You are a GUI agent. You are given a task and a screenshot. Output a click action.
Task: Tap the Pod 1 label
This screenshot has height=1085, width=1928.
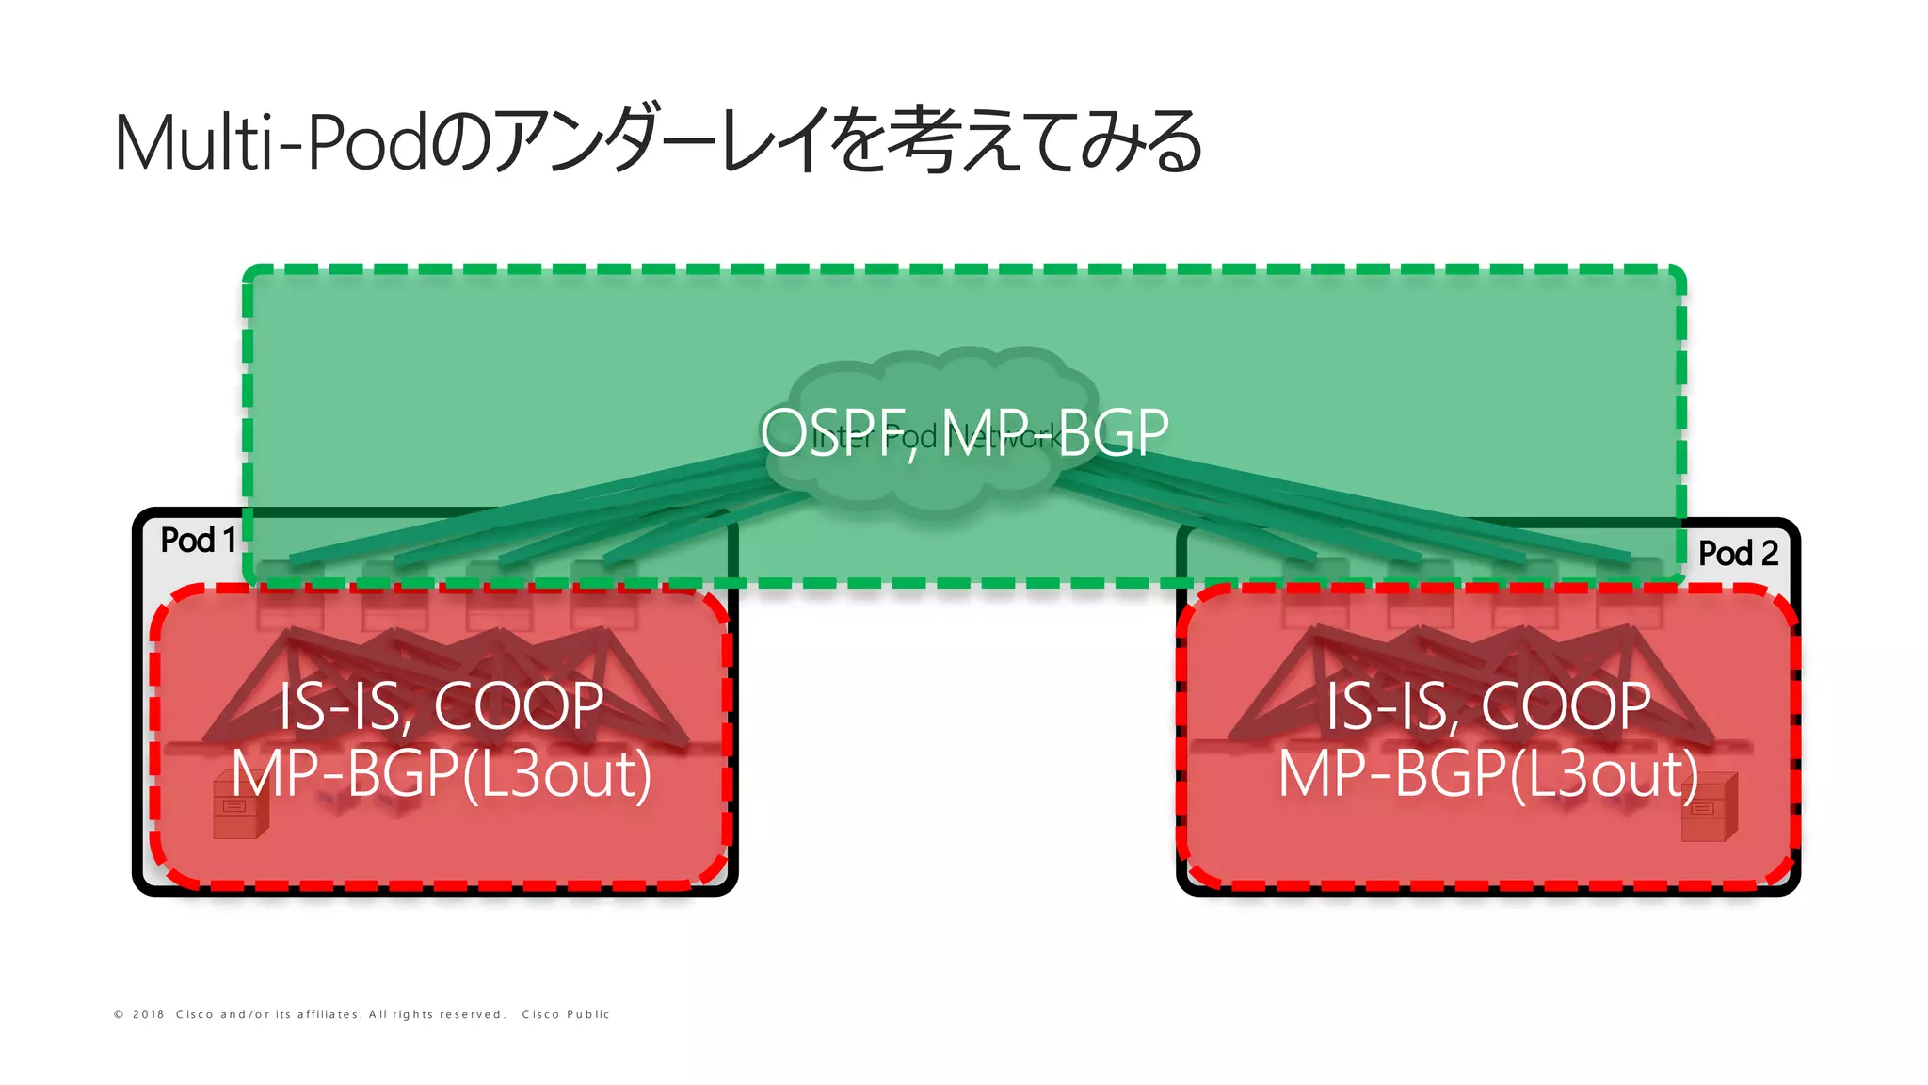[198, 540]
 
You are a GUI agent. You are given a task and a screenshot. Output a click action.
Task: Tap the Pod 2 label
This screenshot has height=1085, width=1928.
[1738, 553]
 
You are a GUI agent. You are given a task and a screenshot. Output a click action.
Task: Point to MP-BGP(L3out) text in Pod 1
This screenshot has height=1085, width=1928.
[442, 774]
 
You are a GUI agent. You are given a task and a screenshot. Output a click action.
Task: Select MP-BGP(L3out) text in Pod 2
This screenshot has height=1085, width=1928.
[1488, 774]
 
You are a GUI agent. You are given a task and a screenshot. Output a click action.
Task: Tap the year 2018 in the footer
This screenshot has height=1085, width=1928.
[149, 1014]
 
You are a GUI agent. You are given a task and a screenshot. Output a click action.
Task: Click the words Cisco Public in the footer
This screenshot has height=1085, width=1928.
[566, 1014]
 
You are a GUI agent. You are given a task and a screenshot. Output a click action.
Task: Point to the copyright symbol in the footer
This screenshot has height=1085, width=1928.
[119, 1014]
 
